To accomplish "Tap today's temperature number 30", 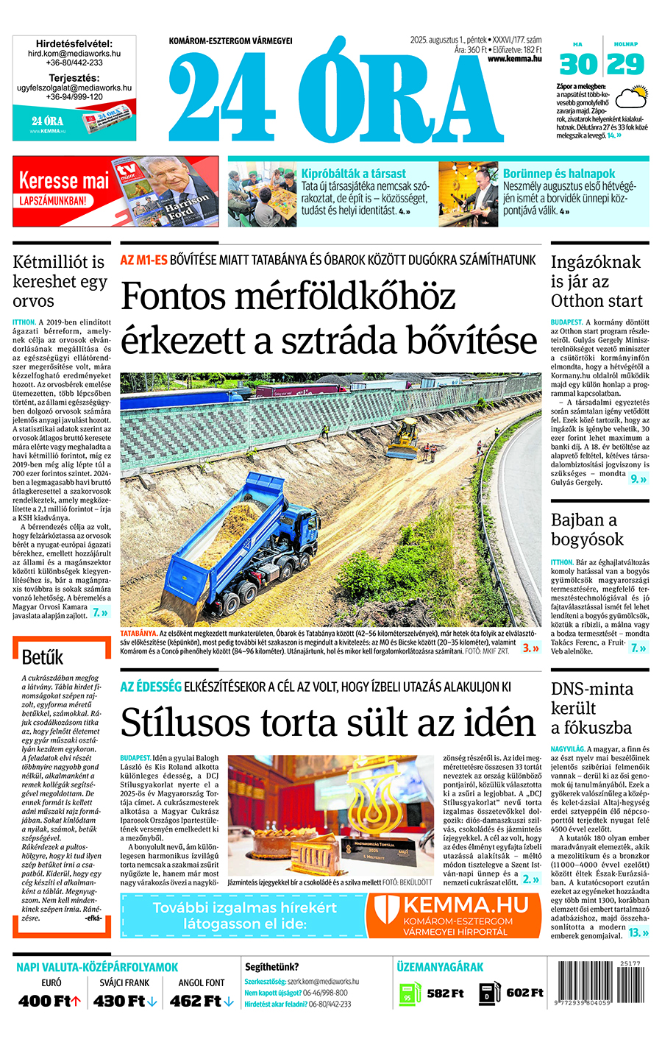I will [x=578, y=65].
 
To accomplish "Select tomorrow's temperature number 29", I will [x=626, y=65].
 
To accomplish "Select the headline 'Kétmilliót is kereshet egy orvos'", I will [x=60, y=281].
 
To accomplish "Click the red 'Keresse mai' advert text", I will [x=64, y=180].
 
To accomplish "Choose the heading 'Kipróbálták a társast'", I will [x=353, y=174].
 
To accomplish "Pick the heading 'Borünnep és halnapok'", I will [x=559, y=174].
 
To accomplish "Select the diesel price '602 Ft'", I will [x=525, y=993].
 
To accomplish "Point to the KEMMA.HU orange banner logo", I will [x=455, y=915].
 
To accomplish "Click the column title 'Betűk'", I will [x=43, y=657].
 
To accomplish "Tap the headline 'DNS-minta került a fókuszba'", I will [x=591, y=708].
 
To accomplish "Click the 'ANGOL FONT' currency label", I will [x=202, y=982].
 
